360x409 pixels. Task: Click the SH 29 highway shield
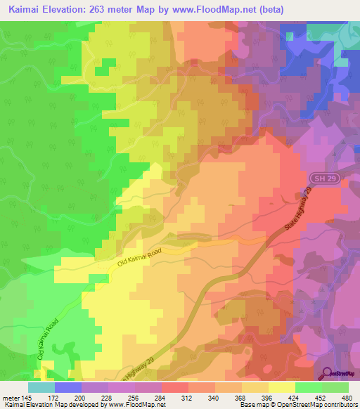pyautogui.click(x=319, y=178)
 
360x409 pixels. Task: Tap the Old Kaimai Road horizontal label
pyautogui.click(x=140, y=258)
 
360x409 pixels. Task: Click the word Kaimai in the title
pyautogui.click(x=27, y=10)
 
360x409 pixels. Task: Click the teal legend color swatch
pyautogui.click(x=41, y=387)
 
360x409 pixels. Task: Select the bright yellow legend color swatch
pyautogui.click(x=281, y=387)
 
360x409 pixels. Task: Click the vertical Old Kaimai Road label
pyautogui.click(x=48, y=339)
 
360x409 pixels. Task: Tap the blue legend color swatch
pyautogui.click(x=67, y=387)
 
